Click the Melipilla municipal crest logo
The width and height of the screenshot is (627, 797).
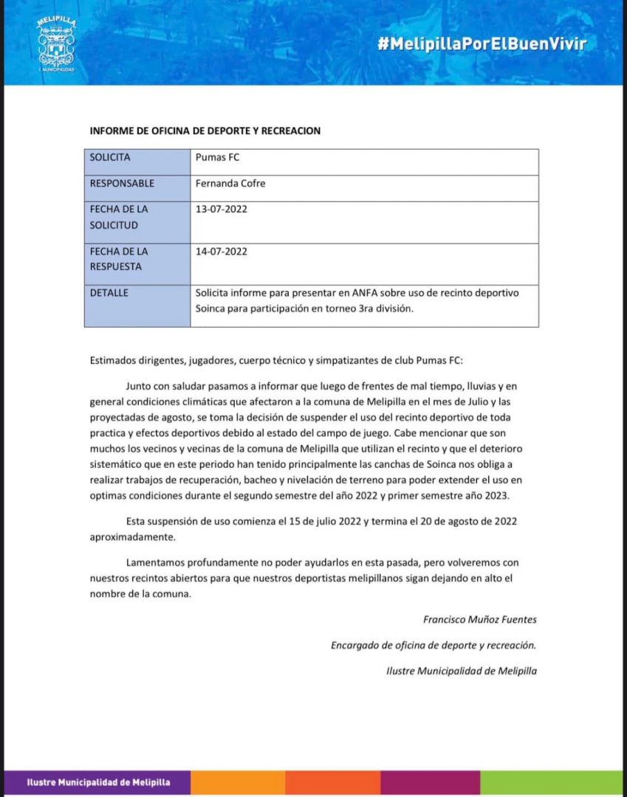coord(57,44)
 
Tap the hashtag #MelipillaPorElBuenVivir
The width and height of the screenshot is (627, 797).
coord(482,44)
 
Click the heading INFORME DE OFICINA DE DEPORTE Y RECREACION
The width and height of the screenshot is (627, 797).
coord(205,131)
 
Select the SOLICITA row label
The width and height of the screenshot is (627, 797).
coord(110,157)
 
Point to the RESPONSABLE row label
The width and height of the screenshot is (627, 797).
coord(122,183)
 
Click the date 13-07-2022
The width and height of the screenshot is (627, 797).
coord(222,210)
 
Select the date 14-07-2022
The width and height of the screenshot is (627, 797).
coord(222,251)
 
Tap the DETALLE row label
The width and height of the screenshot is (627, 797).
coord(109,293)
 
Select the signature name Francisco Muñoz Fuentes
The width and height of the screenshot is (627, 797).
coord(479,618)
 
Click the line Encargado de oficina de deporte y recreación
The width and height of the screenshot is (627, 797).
coord(433,645)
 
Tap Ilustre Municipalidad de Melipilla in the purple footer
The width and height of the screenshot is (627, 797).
coord(98,782)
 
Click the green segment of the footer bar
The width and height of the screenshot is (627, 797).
coord(552,782)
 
